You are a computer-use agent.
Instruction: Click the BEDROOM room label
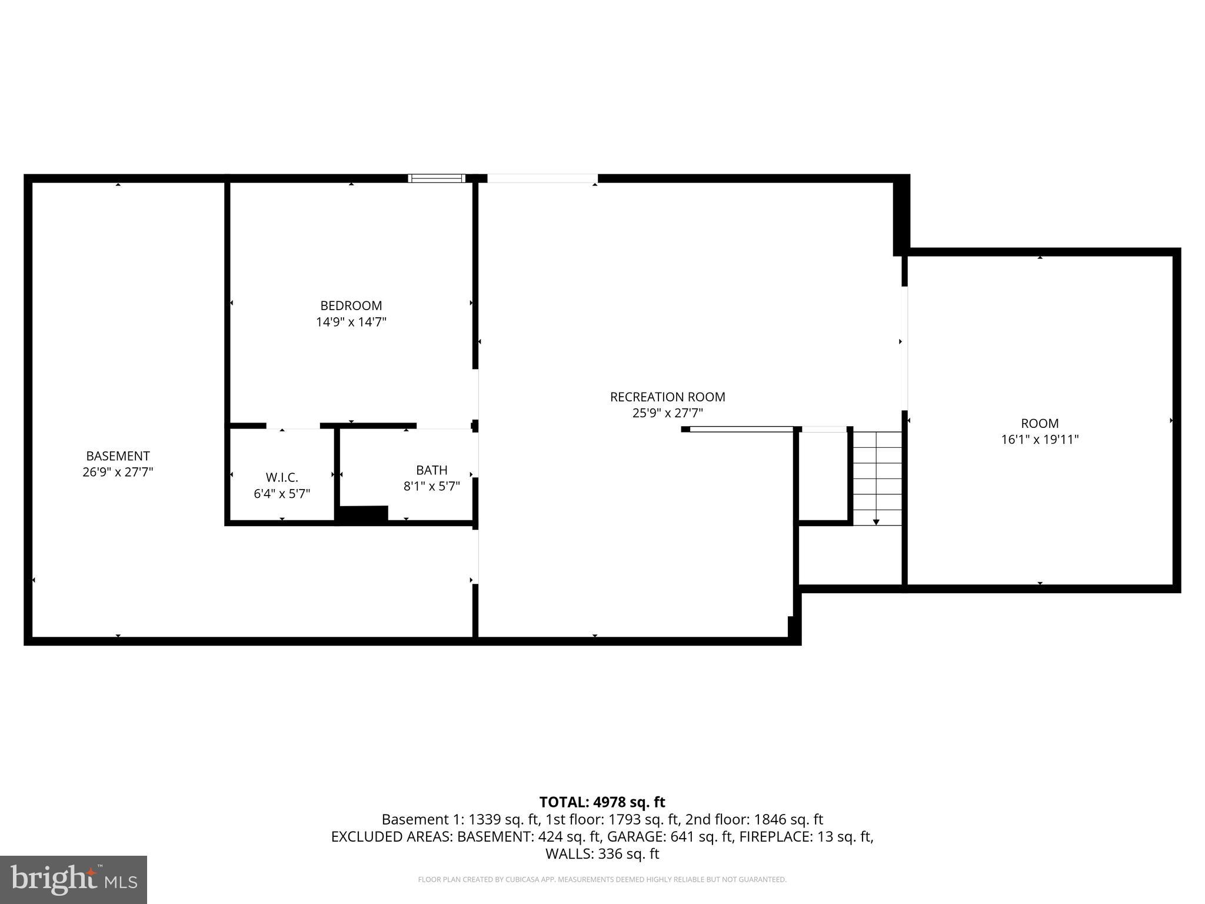(351, 305)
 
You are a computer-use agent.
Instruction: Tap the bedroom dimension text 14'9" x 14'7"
(351, 322)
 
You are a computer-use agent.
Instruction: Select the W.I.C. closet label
(282, 477)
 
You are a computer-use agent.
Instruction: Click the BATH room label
(431, 470)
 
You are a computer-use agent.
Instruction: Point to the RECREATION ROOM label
(667, 397)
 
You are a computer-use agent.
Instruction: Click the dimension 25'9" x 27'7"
(667, 413)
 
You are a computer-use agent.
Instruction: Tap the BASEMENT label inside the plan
(118, 456)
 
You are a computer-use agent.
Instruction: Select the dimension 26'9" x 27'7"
(118, 472)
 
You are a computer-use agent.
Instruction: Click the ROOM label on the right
(1039, 423)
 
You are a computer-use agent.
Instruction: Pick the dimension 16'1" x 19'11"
(1039, 440)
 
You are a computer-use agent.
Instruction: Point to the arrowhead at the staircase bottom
(876, 522)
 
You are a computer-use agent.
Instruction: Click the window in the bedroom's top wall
(437, 178)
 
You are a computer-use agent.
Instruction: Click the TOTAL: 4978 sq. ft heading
(602, 802)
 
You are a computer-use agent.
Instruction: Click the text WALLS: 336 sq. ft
(602, 853)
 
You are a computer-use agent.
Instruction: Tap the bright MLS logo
(74, 879)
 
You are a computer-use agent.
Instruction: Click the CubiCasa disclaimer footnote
(602, 880)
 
